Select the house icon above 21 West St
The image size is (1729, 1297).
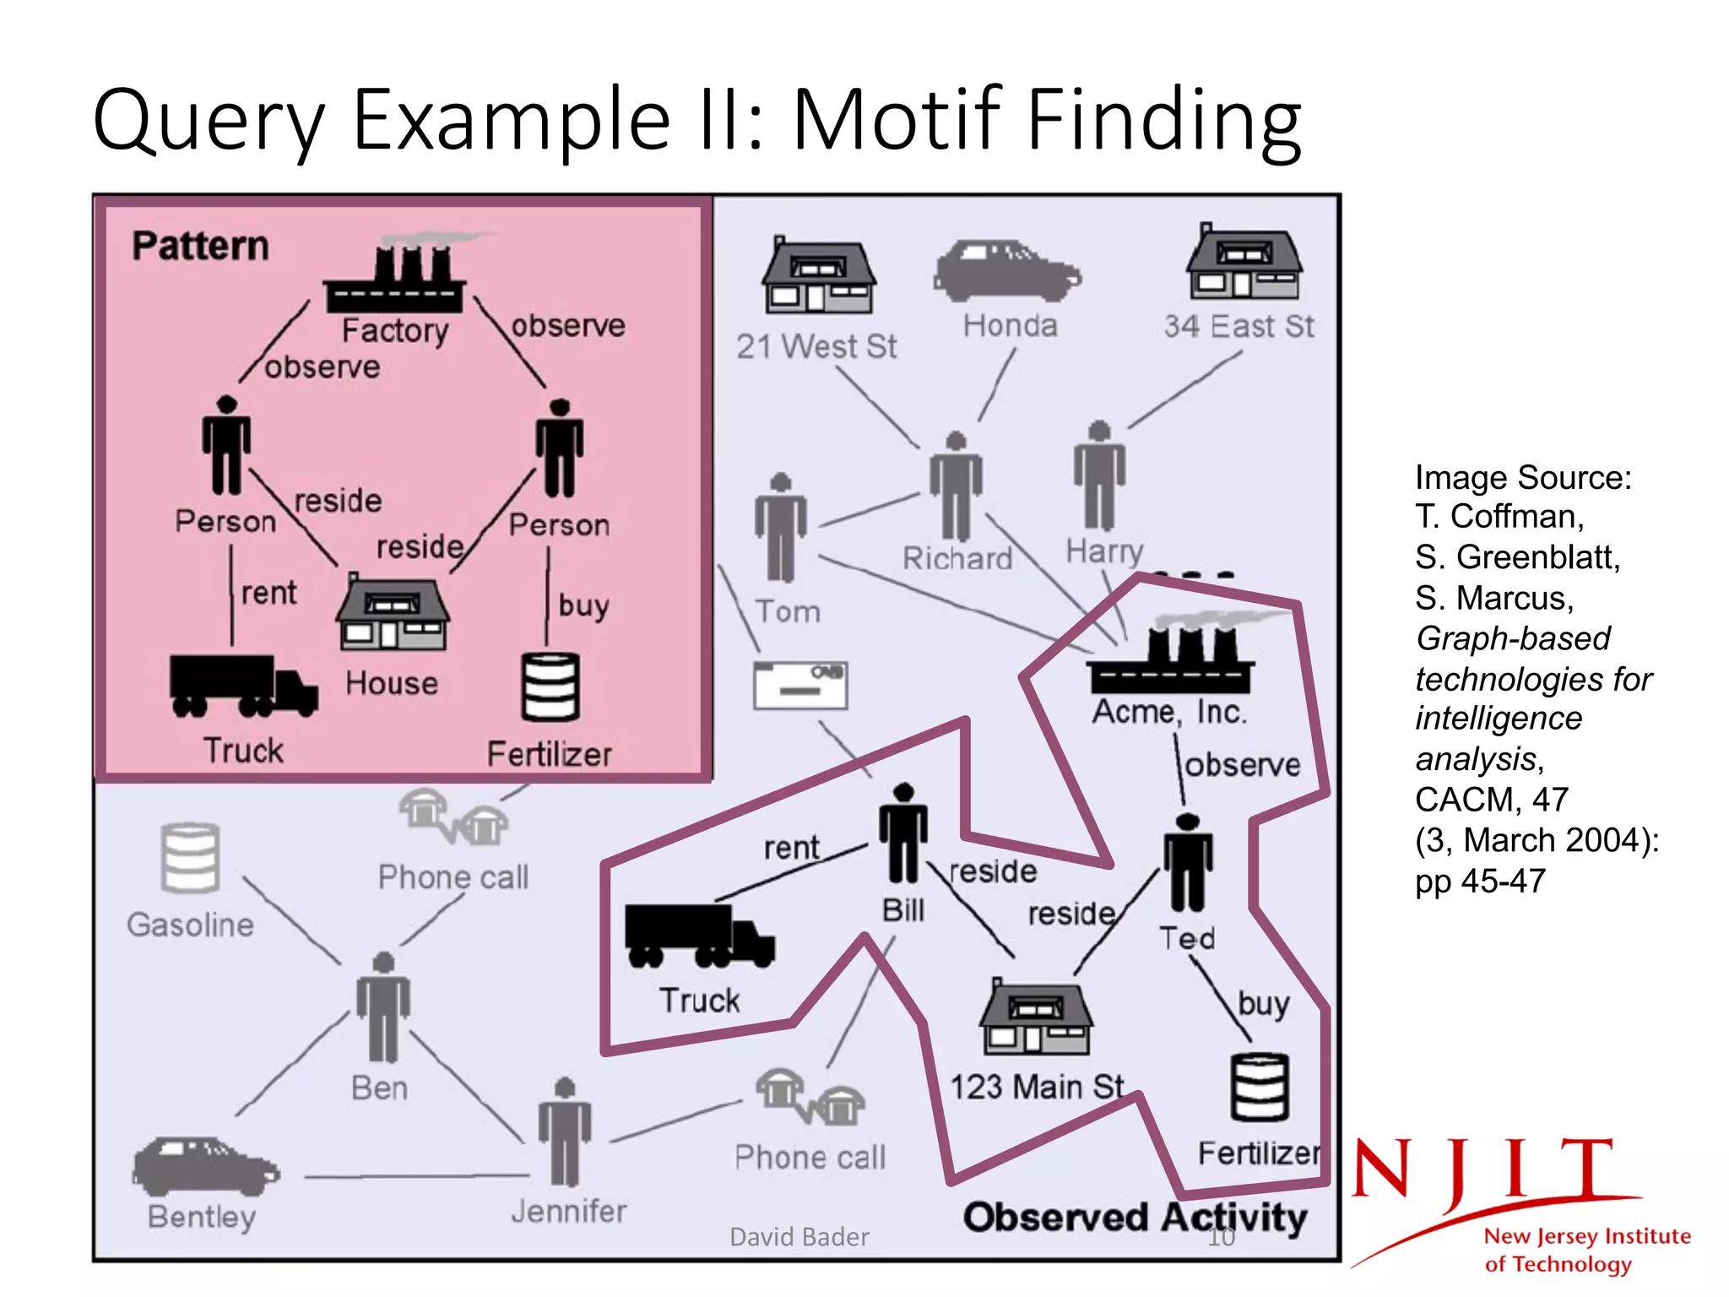(x=818, y=275)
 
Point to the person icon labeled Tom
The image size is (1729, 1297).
(x=781, y=528)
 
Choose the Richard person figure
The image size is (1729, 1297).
(x=956, y=486)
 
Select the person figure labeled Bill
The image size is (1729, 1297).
(x=902, y=833)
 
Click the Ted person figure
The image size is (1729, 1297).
(x=1187, y=862)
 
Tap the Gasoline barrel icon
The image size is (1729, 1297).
(x=190, y=858)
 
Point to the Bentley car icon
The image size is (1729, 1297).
(x=205, y=1166)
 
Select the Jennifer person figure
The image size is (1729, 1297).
(x=565, y=1132)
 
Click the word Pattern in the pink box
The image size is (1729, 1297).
(x=201, y=247)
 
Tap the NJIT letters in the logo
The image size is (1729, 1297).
(x=1483, y=1169)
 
